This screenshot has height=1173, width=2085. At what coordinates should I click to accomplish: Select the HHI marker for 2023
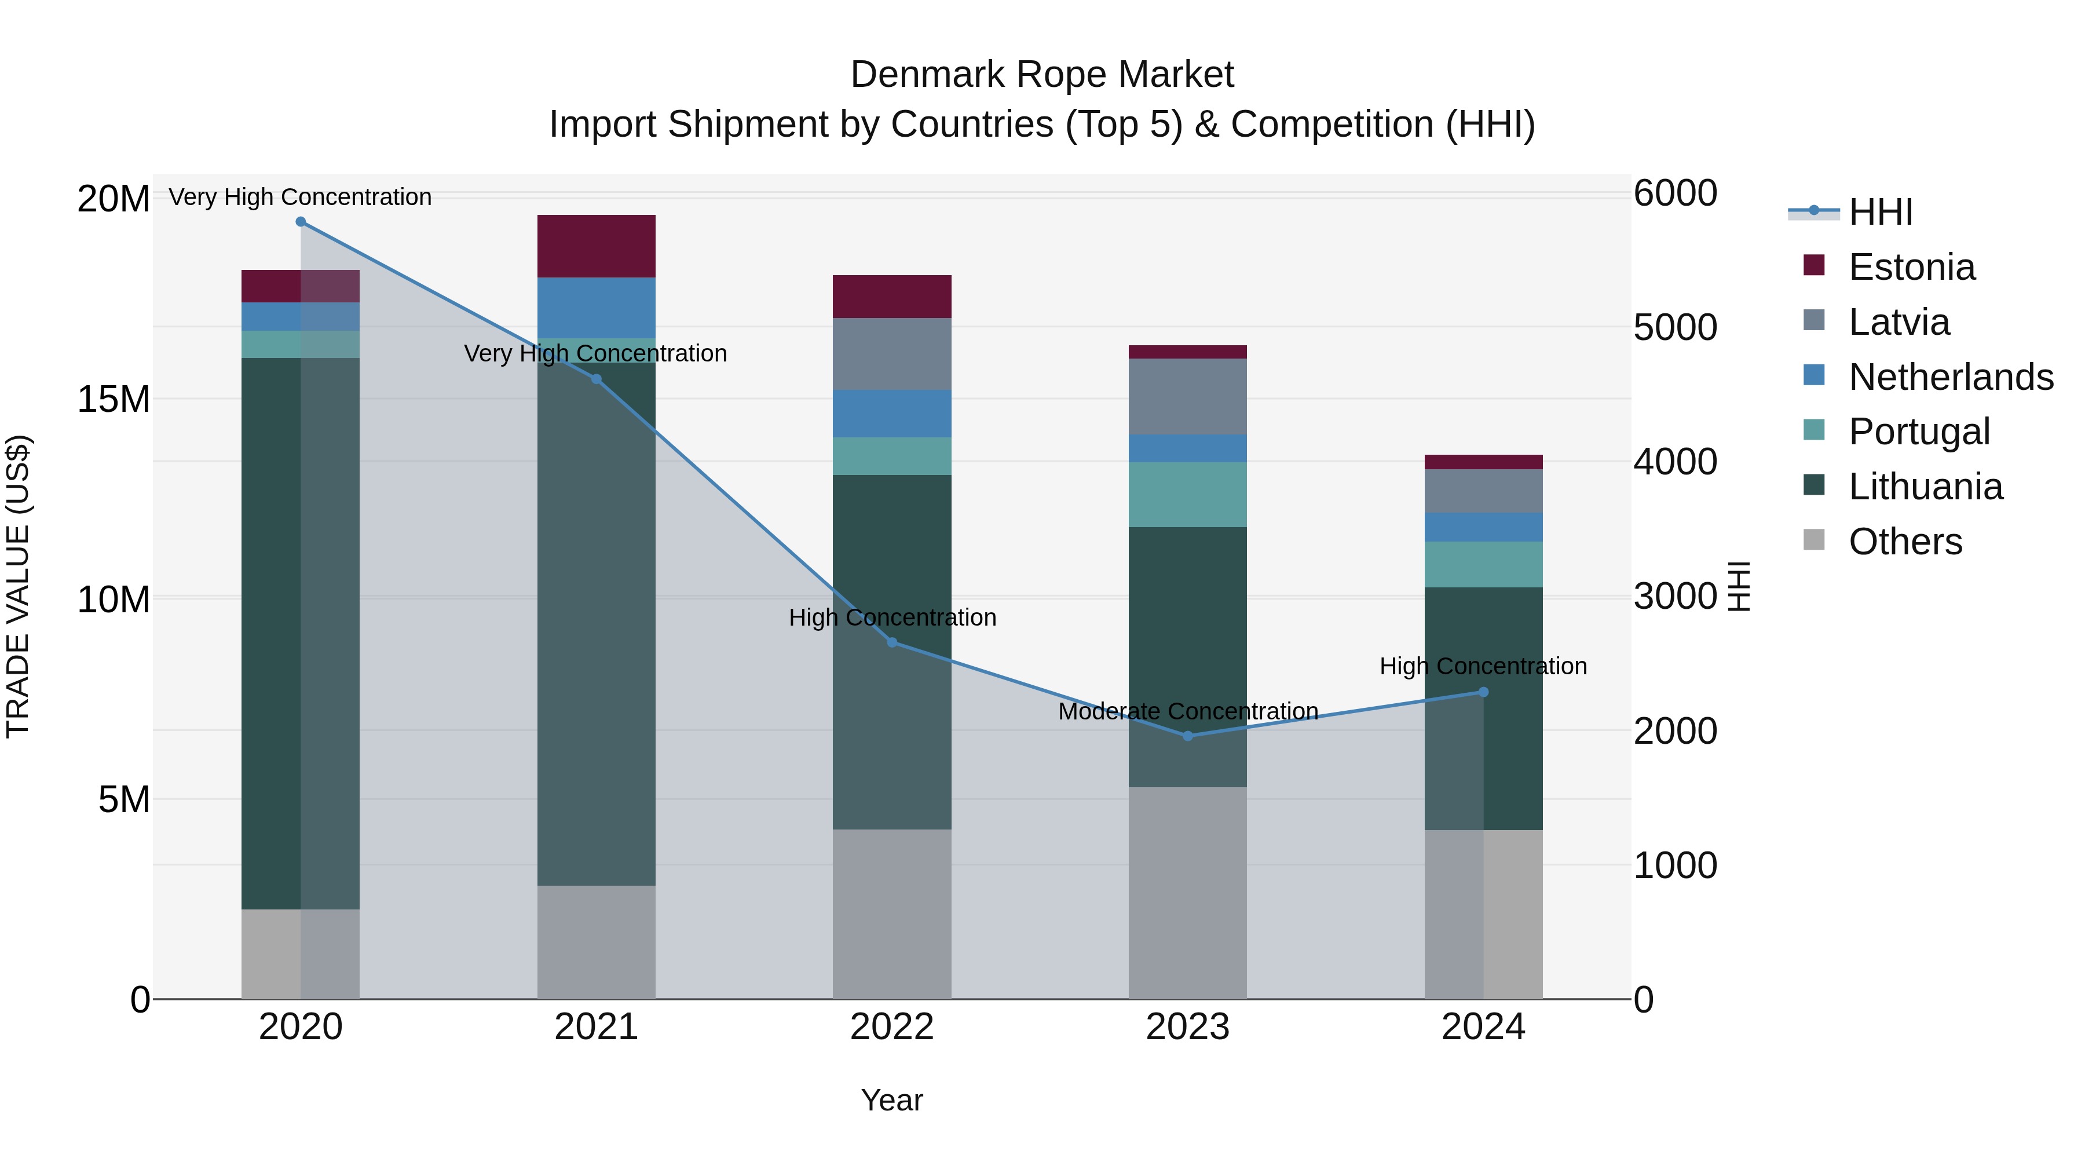pos(1187,736)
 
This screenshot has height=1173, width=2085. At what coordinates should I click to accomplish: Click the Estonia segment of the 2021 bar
pos(597,246)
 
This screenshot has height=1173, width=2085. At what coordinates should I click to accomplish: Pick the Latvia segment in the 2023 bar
pos(1187,397)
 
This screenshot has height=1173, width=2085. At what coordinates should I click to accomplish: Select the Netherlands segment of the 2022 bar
pos(892,414)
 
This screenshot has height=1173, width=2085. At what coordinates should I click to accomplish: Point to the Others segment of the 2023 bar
pos(1187,893)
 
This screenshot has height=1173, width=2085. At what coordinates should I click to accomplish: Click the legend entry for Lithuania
pos(1925,487)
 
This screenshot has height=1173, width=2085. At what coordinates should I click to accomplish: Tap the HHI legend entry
pos(1879,212)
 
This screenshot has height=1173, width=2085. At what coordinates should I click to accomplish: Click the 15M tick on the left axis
pos(114,399)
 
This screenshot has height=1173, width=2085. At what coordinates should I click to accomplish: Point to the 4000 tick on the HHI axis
pos(1674,462)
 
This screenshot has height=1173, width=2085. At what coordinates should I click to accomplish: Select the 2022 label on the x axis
pos(892,1027)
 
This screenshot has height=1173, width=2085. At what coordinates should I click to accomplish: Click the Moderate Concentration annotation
pos(1187,711)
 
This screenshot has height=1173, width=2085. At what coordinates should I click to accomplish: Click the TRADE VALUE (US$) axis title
pos(18,586)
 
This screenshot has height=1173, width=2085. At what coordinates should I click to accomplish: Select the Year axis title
pos(892,1100)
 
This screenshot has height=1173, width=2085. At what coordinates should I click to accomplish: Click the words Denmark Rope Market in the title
pos(1042,75)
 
